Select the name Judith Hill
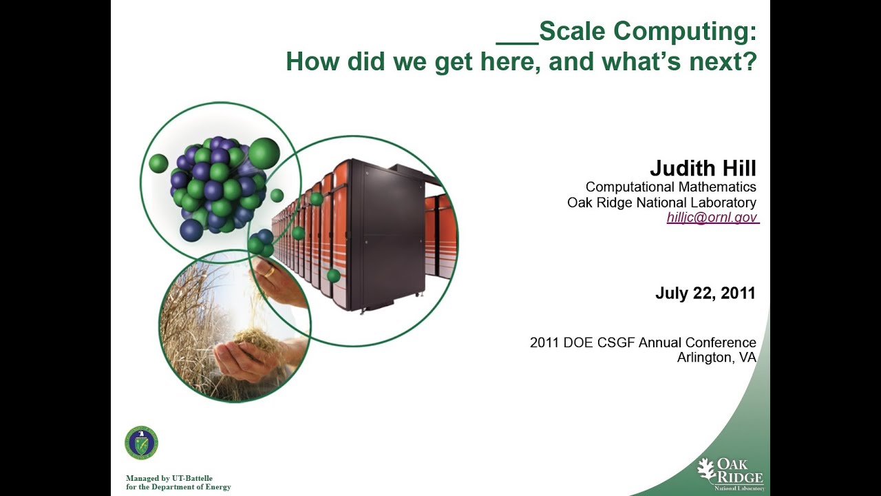pyautogui.click(x=703, y=168)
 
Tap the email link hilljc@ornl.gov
pyautogui.click(x=712, y=218)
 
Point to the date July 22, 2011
pyautogui.click(x=705, y=293)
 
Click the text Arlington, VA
pyautogui.click(x=716, y=358)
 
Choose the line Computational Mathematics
pyautogui.click(x=670, y=187)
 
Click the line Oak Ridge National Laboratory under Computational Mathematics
pyautogui.click(x=661, y=203)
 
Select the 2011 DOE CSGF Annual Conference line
pyautogui.click(x=643, y=342)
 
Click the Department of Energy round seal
pyautogui.click(x=141, y=443)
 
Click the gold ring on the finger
pyautogui.click(x=269, y=271)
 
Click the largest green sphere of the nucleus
pyautogui.click(x=264, y=153)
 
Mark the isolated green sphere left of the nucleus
pyautogui.click(x=158, y=163)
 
